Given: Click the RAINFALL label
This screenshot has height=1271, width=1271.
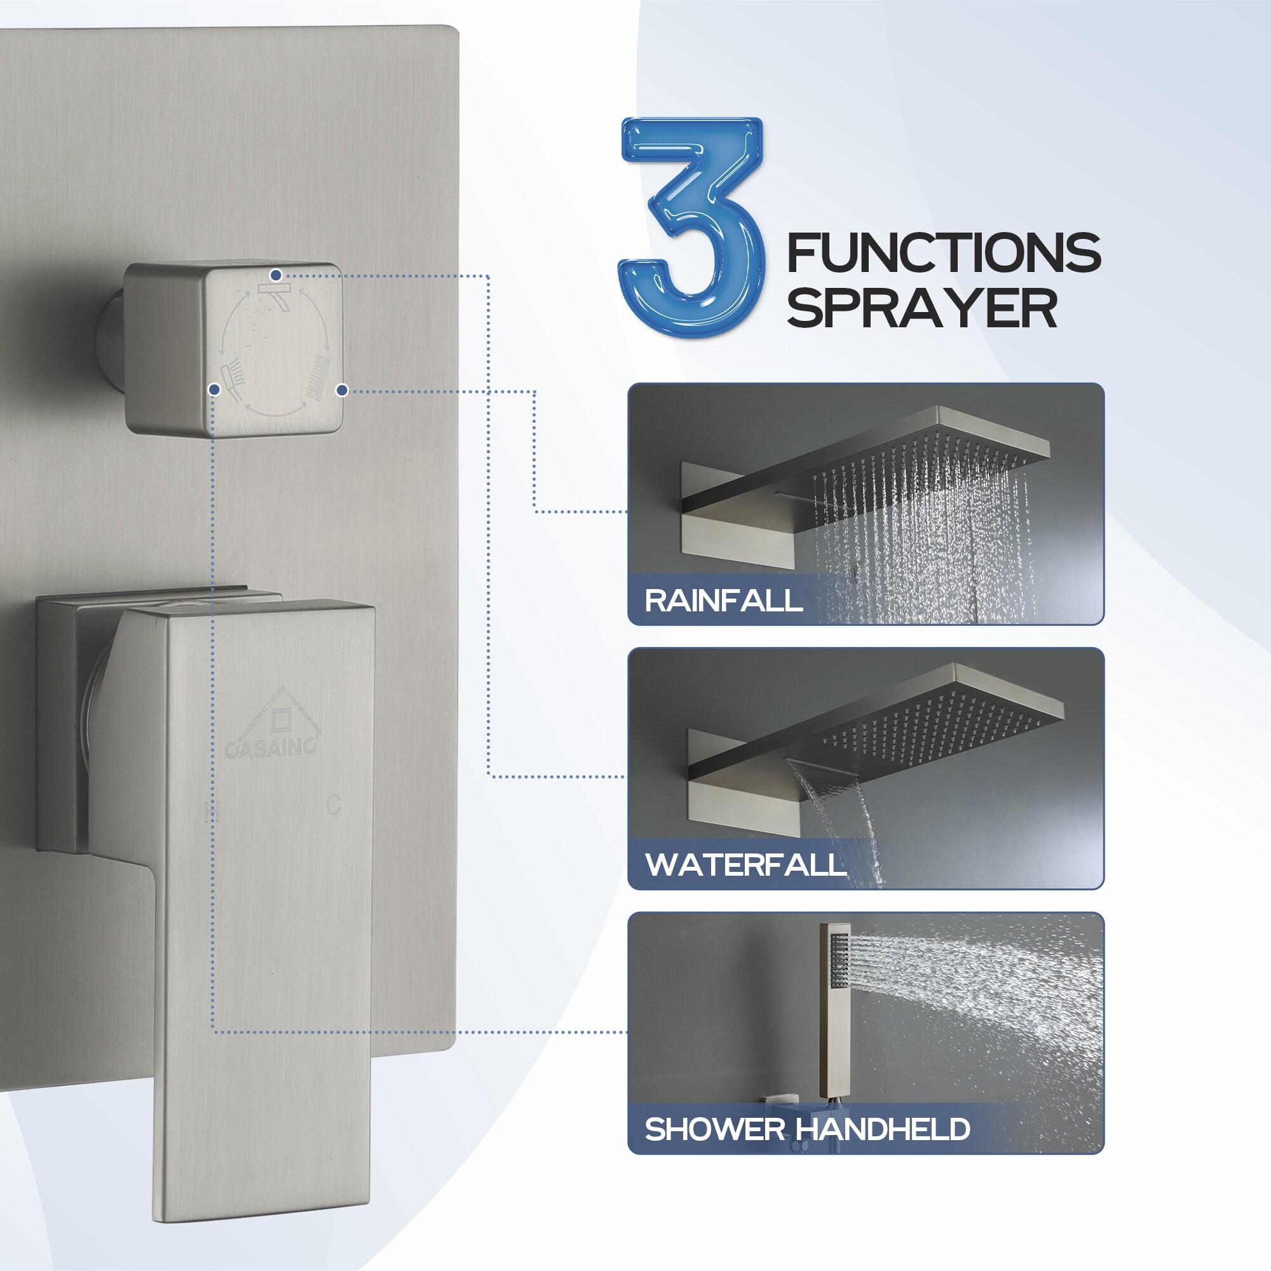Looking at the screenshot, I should point(724,600).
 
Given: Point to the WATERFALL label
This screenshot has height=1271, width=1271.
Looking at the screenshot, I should point(745,864).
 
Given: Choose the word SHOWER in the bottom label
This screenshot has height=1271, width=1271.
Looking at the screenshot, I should point(714,1129).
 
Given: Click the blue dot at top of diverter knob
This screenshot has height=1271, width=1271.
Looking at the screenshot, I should point(276,274).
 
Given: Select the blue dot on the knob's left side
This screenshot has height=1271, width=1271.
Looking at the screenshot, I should point(213,390).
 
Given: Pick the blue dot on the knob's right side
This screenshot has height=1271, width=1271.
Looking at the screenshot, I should point(341,390).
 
